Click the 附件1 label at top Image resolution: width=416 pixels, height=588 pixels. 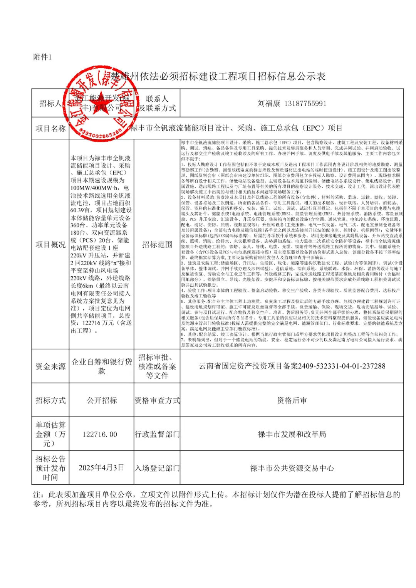[x=42, y=57]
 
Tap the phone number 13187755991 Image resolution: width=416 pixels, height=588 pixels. [x=305, y=103]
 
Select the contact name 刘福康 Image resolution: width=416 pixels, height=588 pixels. [x=269, y=103]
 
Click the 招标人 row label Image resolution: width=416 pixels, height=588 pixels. [x=50, y=103]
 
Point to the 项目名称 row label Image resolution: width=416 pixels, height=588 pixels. [x=50, y=128]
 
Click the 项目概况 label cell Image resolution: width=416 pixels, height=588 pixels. [x=50, y=245]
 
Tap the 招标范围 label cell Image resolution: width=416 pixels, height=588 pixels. [x=157, y=245]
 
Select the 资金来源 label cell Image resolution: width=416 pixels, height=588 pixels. [x=50, y=366]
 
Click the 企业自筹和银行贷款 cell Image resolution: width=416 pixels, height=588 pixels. [x=102, y=366]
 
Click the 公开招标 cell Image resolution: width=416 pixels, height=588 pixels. [x=102, y=400]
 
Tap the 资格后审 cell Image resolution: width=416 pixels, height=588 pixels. [x=292, y=400]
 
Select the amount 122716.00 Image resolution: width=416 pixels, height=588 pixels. [x=100, y=434]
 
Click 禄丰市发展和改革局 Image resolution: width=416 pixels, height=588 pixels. [x=292, y=434]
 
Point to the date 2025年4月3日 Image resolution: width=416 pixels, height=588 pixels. [x=101, y=468]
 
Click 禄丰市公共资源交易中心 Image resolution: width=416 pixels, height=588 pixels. [x=292, y=468]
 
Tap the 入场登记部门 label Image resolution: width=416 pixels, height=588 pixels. [x=157, y=468]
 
